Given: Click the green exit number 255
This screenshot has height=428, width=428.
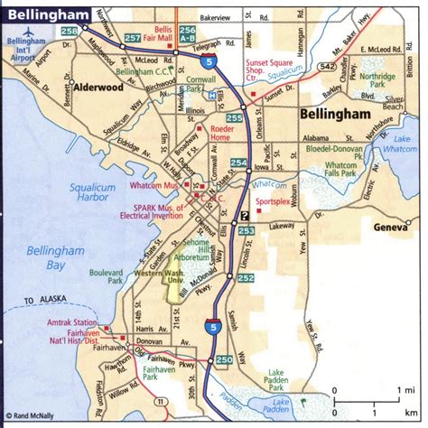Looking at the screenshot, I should [234, 117].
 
